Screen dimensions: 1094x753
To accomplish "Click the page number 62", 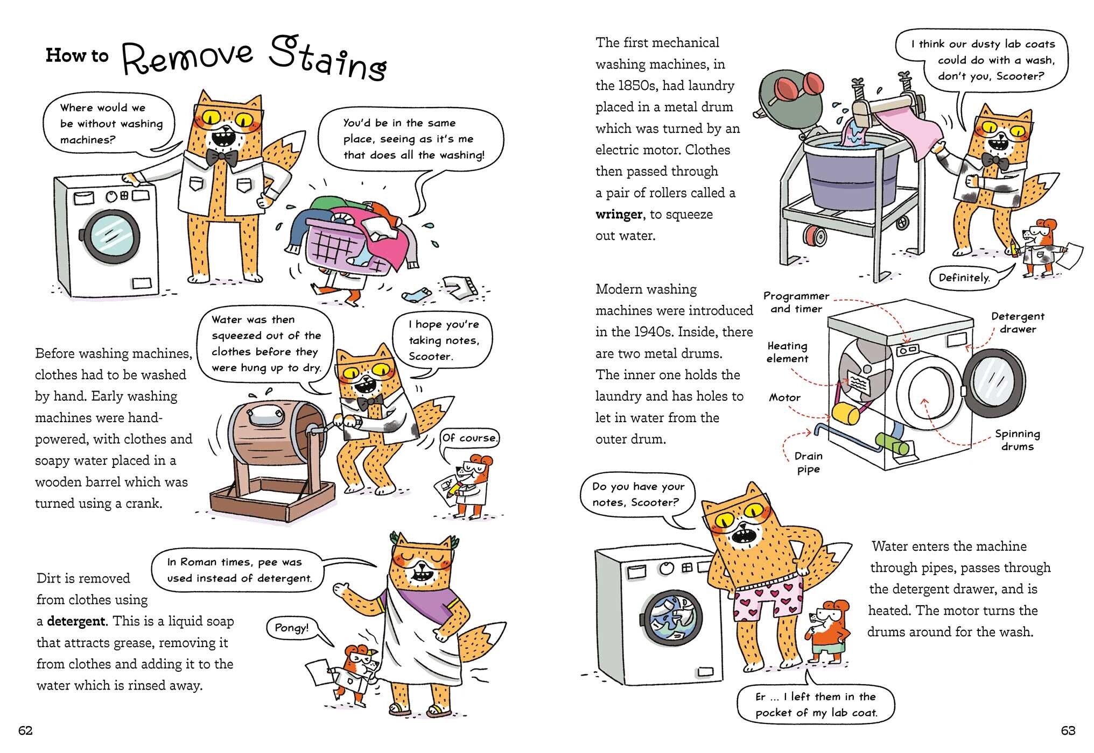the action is point(26,730).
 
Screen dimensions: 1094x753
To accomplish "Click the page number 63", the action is point(1068,730).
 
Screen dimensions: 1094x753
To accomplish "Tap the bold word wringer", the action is point(619,215).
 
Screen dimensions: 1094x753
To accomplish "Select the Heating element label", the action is point(788,352).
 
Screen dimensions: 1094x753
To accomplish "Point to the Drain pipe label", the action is point(808,463).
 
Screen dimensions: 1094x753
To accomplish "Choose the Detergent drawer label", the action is point(1018,323).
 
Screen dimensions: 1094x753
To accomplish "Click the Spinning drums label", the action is point(1017,440).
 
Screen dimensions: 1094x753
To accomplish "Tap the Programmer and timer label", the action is point(796,302).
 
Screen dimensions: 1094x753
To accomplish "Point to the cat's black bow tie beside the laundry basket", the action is point(222,157).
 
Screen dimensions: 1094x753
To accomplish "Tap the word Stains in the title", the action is point(328,59).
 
